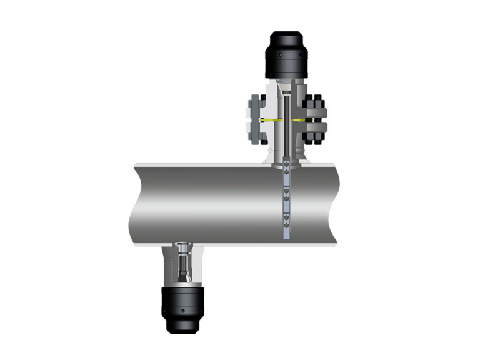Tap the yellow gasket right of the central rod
coord(299,119)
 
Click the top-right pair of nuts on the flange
coord(316,102)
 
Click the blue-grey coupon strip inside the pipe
coord(286,206)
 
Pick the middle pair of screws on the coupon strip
coord(286,194)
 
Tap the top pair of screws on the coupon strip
coord(286,168)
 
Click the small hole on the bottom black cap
coord(182,310)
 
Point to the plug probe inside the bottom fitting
coord(182,266)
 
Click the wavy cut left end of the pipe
coord(132,203)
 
